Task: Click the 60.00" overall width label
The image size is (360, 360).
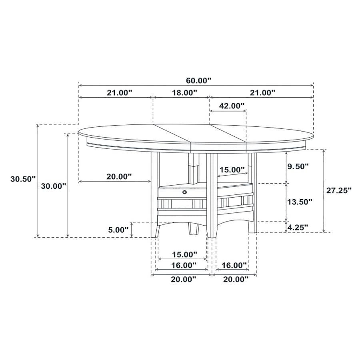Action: pyautogui.click(x=198, y=80)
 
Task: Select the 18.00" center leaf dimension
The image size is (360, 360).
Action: pyautogui.click(x=184, y=93)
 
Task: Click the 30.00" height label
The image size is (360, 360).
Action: pyautogui.click(x=54, y=186)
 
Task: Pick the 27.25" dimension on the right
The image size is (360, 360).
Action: pyautogui.click(x=339, y=190)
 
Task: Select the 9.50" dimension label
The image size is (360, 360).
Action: pyautogui.click(x=298, y=166)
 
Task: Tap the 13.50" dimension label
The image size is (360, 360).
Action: pyautogui.click(x=300, y=202)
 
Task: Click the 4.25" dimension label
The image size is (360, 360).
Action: pyautogui.click(x=298, y=227)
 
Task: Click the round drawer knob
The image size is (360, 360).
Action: pyautogui.click(x=184, y=193)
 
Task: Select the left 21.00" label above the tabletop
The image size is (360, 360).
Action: pyautogui.click(x=119, y=93)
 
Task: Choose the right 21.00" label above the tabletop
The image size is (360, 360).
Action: pyautogui.click(x=262, y=93)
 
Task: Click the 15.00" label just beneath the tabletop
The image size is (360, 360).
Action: pyautogui.click(x=232, y=170)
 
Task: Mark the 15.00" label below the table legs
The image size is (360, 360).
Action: pyautogui.click(x=184, y=254)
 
